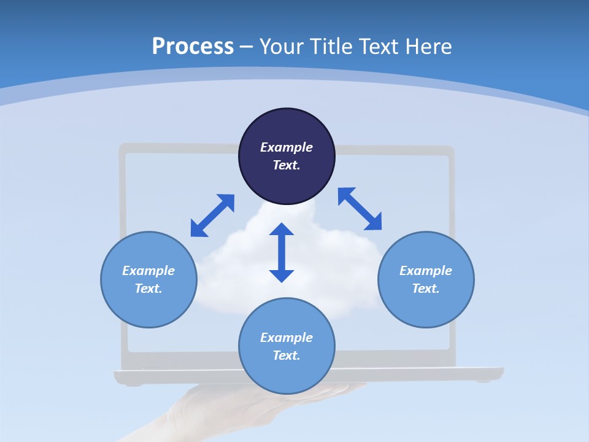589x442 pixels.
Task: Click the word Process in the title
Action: pos(193,47)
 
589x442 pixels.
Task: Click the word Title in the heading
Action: pos(331,47)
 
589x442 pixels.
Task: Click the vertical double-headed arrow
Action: pos(282,252)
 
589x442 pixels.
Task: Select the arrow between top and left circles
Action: pos(212,215)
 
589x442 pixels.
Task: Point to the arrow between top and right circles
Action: pos(360,209)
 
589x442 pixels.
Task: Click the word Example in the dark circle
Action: pos(287,147)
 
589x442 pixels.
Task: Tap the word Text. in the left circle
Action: pos(148,289)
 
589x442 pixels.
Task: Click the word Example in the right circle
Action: pos(426,271)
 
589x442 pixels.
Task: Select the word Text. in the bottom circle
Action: pos(287,355)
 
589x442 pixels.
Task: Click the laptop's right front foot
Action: pos(483,381)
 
